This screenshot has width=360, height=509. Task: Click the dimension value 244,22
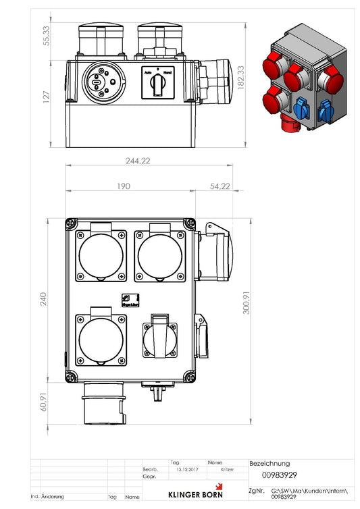(x=138, y=161)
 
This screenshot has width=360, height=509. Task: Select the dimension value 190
(x=123, y=186)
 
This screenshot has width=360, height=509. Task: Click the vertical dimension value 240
(x=44, y=300)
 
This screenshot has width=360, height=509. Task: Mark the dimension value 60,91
(x=44, y=402)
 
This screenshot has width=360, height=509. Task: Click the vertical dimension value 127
(x=46, y=99)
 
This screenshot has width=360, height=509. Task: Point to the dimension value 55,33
(x=46, y=36)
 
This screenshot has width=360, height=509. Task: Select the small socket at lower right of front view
(x=160, y=338)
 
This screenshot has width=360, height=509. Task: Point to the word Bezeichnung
(x=269, y=464)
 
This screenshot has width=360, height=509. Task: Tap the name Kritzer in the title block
(x=228, y=469)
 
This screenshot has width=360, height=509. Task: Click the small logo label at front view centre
(x=129, y=300)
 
